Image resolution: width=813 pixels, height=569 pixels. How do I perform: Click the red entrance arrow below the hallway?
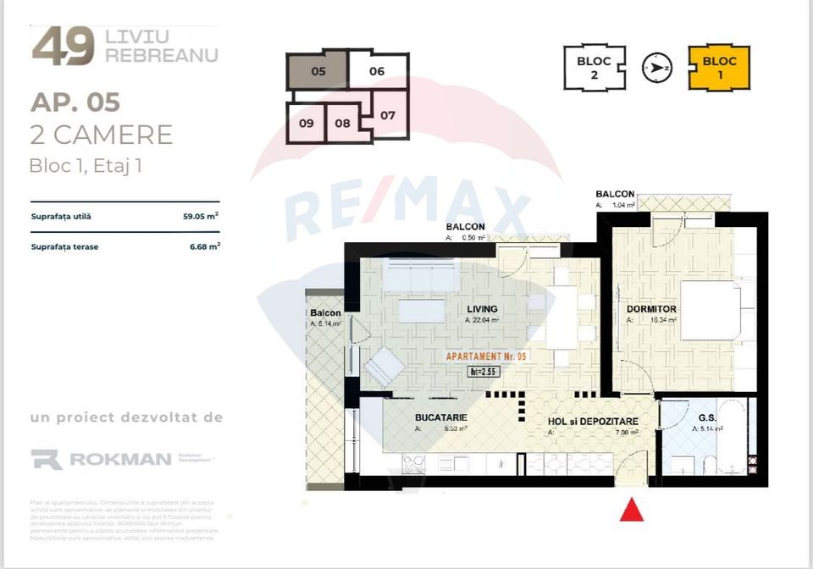click(632, 510)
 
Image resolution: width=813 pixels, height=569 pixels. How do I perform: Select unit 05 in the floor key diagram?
click(318, 71)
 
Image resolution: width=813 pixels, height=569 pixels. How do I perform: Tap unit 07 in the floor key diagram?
click(388, 115)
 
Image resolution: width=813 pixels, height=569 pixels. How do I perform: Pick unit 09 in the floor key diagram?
click(307, 123)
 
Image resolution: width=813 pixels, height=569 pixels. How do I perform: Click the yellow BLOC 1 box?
click(719, 68)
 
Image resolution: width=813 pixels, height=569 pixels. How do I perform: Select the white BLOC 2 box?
click(595, 68)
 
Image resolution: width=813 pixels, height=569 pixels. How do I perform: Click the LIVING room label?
click(481, 309)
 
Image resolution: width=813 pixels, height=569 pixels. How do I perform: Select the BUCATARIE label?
click(441, 418)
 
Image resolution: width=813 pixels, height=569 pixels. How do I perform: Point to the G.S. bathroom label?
click(707, 417)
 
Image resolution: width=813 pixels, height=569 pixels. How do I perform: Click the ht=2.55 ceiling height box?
click(482, 371)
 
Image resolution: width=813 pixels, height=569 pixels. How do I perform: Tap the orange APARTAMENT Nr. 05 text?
click(486, 356)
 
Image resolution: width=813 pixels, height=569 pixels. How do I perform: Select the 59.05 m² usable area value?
click(201, 216)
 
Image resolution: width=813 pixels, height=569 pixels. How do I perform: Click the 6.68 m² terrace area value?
click(203, 246)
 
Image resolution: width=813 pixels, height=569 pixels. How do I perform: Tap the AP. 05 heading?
click(75, 102)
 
